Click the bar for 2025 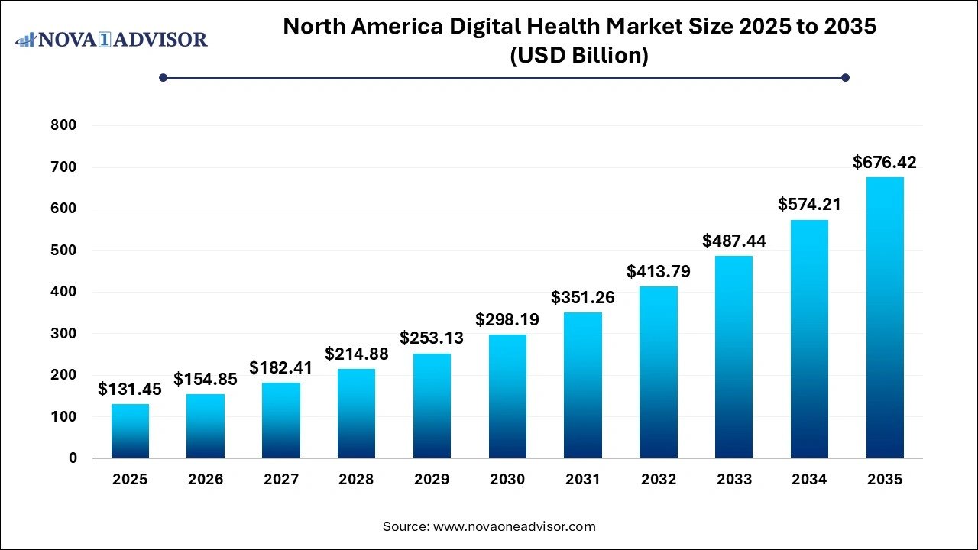130,431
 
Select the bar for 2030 507,396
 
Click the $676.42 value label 885,162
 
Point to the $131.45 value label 130,389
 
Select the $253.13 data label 432,338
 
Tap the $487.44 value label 733,241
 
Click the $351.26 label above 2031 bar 583,297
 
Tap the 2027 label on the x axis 280,480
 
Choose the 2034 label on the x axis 809,480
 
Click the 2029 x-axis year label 432,480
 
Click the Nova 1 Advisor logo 112,39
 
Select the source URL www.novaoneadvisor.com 514,526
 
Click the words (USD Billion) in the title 579,56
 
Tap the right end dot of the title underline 845,77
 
